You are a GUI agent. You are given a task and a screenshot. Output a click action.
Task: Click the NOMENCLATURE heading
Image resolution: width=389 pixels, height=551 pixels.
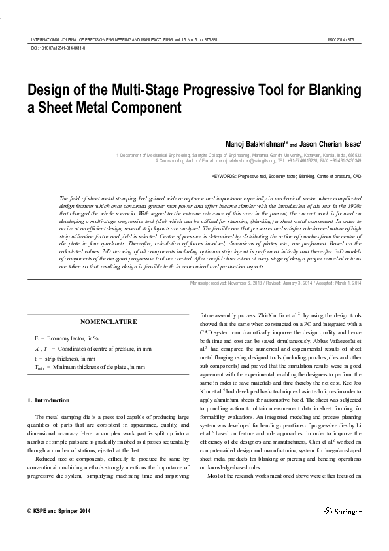pyautogui.click(x=109, y=321)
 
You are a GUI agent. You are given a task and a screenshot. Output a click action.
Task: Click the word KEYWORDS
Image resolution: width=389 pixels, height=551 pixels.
pyautogui.click(x=224, y=177)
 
